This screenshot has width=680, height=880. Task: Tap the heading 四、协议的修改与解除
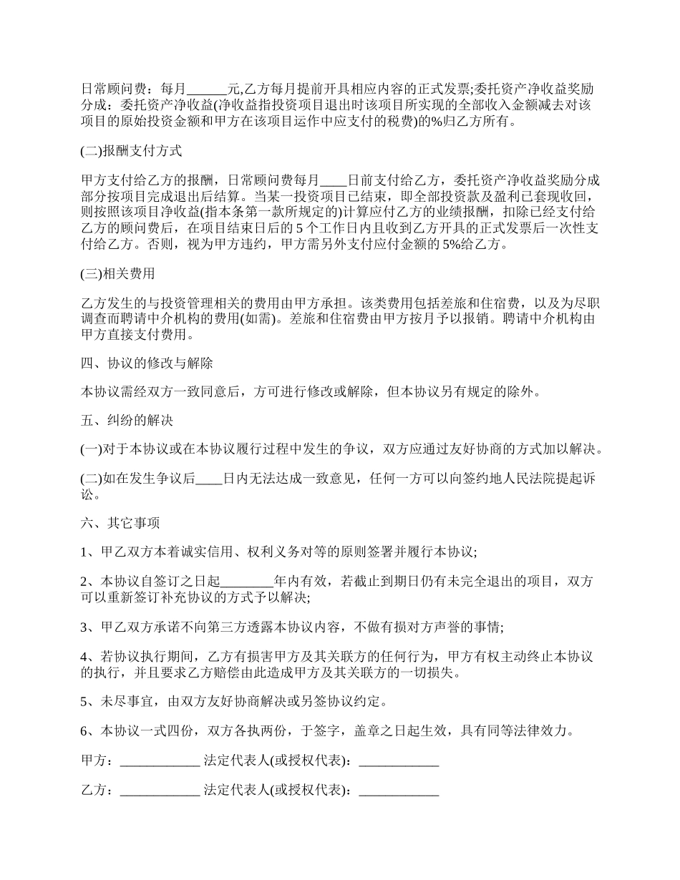tap(147, 363)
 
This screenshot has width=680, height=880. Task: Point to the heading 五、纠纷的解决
tap(127, 421)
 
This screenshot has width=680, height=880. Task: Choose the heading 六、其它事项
tap(120, 523)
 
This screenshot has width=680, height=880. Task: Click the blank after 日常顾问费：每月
tap(206, 89)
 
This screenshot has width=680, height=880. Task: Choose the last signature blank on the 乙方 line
tap(398, 791)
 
